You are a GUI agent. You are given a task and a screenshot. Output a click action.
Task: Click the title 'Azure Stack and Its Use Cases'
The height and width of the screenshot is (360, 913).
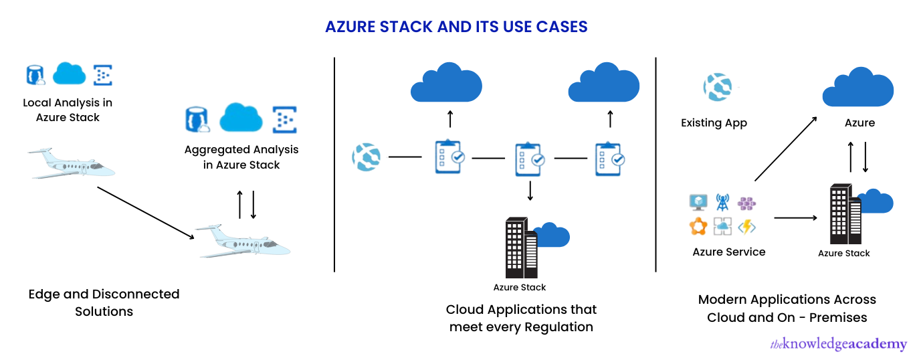pos(456,27)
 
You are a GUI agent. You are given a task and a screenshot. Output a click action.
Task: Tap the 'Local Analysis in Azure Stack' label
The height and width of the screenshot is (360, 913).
pos(68,110)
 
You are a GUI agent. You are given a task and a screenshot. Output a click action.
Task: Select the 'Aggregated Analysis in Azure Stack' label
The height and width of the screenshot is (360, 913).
pos(241,157)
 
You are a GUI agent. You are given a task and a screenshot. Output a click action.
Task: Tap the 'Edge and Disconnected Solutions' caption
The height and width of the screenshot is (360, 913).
pos(104,302)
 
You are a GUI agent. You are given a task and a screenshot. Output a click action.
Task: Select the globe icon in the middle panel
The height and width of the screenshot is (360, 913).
pos(366,157)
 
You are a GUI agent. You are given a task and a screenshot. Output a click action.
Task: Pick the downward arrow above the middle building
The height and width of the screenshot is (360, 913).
pos(530,191)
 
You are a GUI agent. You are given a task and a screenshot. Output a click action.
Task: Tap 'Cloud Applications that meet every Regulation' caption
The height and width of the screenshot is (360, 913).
pos(521,318)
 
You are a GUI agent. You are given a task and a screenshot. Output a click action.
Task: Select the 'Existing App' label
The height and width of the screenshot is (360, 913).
pos(714,123)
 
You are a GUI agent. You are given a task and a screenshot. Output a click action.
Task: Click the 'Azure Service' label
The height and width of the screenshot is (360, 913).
pos(728,252)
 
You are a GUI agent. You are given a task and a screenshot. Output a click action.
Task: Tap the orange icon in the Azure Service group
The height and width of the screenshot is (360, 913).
pos(698,227)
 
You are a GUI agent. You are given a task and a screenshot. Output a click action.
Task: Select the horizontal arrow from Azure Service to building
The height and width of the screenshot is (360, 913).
pos(795,218)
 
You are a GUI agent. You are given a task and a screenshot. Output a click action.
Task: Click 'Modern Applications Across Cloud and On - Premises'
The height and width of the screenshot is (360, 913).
pos(787,308)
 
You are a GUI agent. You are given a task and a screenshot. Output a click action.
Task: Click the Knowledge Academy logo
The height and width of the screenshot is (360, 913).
pos(839,345)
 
